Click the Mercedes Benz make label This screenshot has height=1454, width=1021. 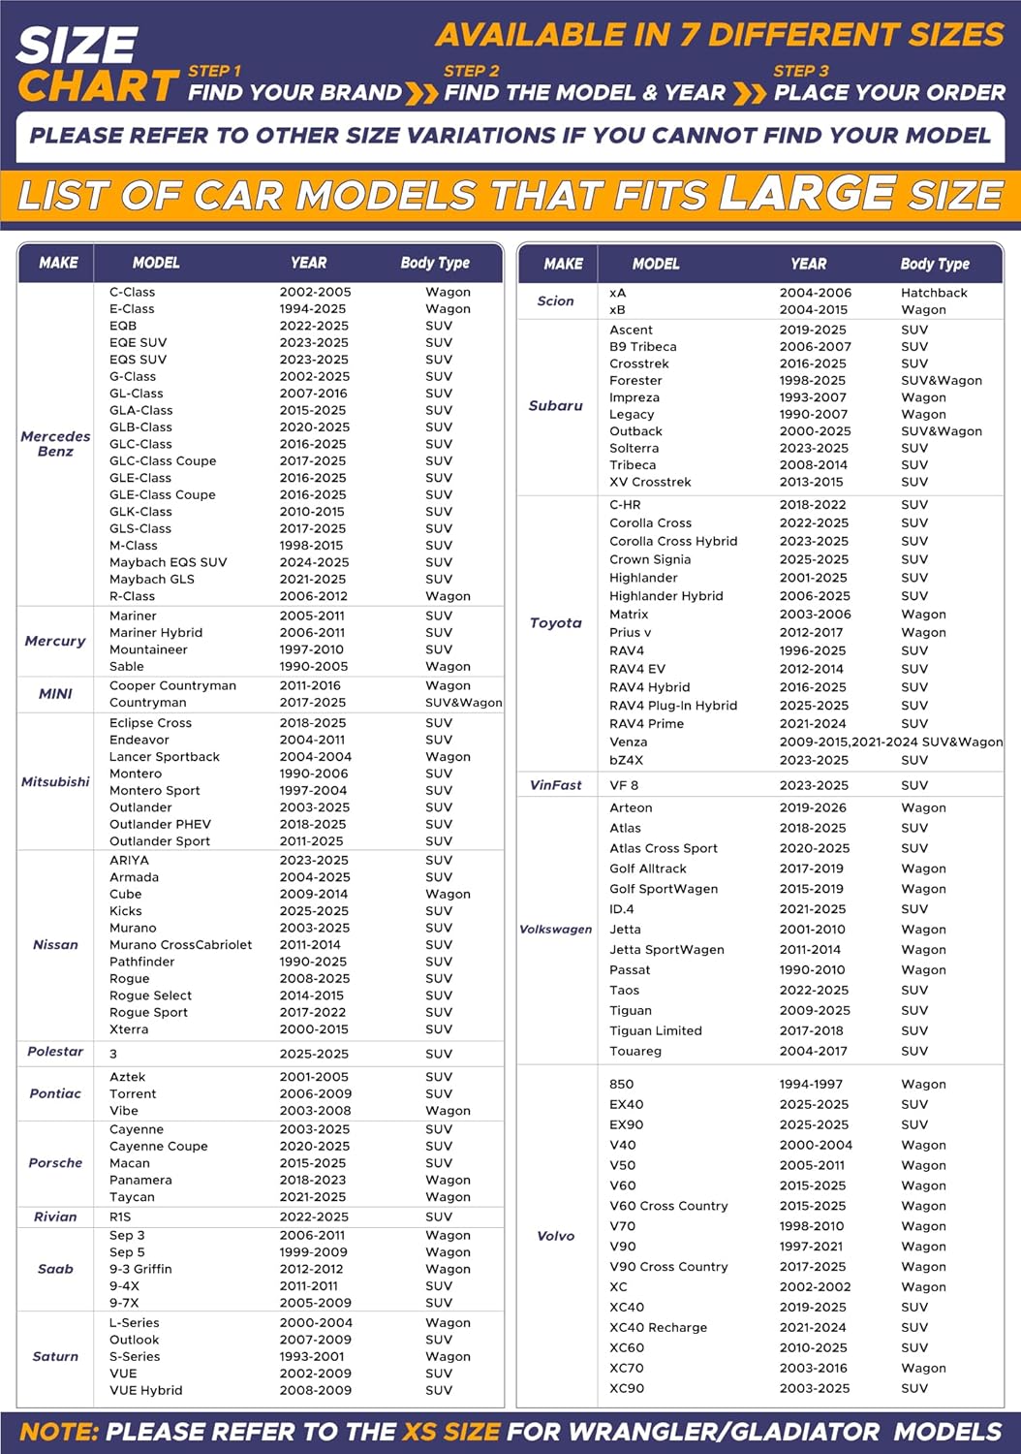pos(55,444)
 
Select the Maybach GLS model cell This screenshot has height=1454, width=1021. pos(152,580)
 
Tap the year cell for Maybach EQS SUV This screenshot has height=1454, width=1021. pos(314,562)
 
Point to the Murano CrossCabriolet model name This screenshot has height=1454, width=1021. pos(180,945)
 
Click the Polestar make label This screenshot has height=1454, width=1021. pos(55,1052)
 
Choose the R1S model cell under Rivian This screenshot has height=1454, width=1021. pos(120,1217)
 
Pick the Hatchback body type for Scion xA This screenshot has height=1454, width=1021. pos(934,293)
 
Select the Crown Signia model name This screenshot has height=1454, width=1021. pos(650,559)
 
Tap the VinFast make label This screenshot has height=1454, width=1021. pos(556,785)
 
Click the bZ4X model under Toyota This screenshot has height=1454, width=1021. pos(626,761)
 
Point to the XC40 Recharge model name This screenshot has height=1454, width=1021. pos(658,1328)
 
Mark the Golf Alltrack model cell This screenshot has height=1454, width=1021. pos(648,869)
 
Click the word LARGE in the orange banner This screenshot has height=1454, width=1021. pos(807,193)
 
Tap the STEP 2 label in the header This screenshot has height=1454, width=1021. pos(472,71)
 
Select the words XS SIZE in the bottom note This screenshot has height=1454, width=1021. pos(451,1432)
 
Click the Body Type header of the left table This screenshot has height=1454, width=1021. pos(435,263)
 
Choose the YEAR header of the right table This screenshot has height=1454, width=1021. pos(809,264)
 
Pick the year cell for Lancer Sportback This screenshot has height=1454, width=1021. pos(316,757)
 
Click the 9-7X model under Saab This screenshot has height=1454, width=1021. pos(124,1304)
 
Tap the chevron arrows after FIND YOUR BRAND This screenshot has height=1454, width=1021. pos(421,93)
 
